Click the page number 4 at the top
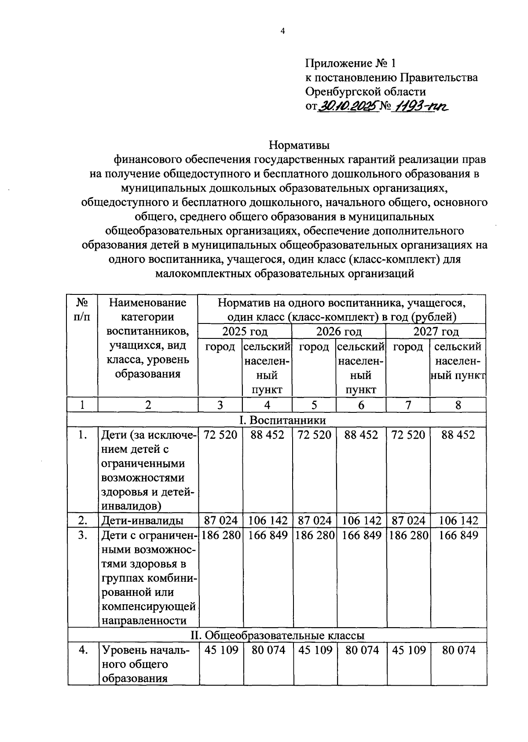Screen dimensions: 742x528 click(x=283, y=31)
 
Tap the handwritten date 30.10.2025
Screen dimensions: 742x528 click(x=348, y=106)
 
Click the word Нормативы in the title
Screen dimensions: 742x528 click(x=299, y=144)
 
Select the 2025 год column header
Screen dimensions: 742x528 click(x=245, y=331)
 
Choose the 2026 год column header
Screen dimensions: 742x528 click(x=339, y=331)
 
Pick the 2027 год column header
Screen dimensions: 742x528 click(x=436, y=331)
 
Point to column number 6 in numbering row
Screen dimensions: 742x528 click(x=361, y=405)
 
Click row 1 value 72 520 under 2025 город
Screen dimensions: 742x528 click(x=221, y=435)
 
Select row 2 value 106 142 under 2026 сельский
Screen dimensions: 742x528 click(x=361, y=521)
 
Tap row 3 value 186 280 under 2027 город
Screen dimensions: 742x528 click(x=408, y=535)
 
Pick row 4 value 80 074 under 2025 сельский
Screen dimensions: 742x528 click(x=268, y=650)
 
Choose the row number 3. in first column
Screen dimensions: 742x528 click(x=82, y=535)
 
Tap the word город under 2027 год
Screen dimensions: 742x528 click(x=408, y=347)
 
